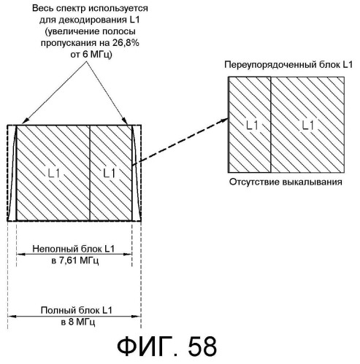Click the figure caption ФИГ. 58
[x=166, y=346]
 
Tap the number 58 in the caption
[x=202, y=346]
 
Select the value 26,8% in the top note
[x=126, y=43]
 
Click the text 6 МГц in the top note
[x=97, y=55]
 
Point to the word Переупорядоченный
[x=269, y=65]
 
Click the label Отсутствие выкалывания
[x=286, y=182]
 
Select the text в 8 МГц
[x=78, y=322]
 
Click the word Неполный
[x=55, y=249]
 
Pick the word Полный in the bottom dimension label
[x=58, y=311]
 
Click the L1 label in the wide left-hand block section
[x=54, y=174]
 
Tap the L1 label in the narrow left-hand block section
[x=109, y=174]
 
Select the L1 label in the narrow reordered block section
[x=252, y=125]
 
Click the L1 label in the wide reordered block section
[x=307, y=125]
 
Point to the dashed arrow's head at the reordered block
[x=226, y=120]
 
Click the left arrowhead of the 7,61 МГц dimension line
[x=20, y=255]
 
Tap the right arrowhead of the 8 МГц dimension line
[x=137, y=317]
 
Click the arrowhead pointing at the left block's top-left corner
[x=25, y=121]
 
